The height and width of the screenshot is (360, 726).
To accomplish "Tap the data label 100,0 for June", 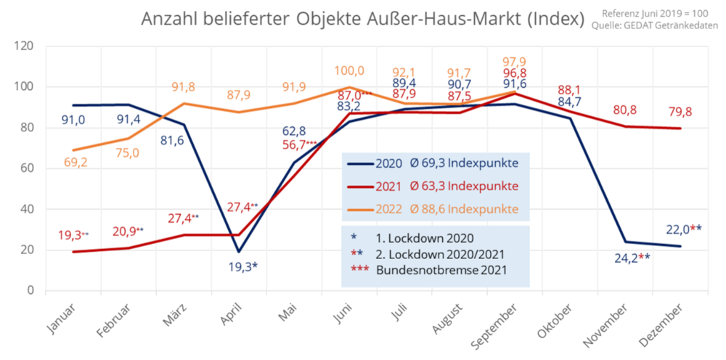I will tap(349, 70).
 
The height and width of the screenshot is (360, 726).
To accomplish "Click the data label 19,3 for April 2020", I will tap(238, 266).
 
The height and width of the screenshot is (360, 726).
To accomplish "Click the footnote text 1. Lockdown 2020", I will tap(425, 237).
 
